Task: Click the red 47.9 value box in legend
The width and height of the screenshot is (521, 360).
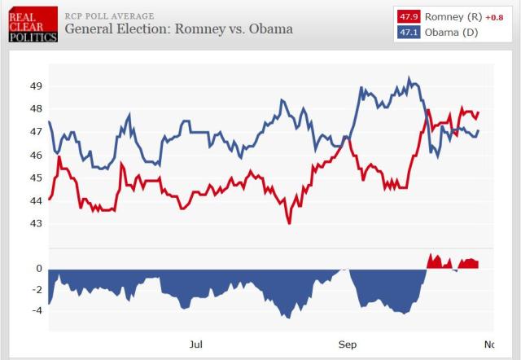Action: (x=408, y=17)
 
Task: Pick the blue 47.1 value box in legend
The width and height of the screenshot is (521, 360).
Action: (x=408, y=33)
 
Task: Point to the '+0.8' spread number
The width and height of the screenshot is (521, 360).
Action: (x=497, y=17)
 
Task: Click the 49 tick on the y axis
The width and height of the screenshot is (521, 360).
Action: (x=36, y=86)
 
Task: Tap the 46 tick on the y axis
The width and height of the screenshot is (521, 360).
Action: (x=36, y=155)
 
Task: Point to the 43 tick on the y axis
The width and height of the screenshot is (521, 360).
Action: (x=36, y=223)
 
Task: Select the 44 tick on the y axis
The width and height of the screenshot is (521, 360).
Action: (x=36, y=200)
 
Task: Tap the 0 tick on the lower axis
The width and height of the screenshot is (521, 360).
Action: (x=39, y=268)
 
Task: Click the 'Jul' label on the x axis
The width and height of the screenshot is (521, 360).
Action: (x=195, y=345)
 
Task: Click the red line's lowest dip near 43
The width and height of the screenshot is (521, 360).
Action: (x=289, y=222)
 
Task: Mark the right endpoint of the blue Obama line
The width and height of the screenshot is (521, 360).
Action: (x=479, y=130)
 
